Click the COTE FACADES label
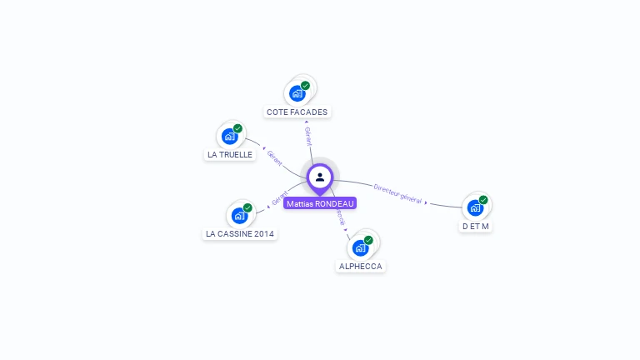click(x=297, y=112)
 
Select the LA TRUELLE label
click(x=229, y=154)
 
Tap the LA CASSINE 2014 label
click(x=240, y=234)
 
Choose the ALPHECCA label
click(x=360, y=267)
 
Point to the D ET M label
click(x=475, y=226)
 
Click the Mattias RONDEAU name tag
click(x=320, y=203)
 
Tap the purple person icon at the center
click(x=320, y=177)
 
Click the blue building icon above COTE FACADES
click(x=297, y=93)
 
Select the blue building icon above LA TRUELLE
click(x=229, y=136)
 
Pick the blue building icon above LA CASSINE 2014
click(x=239, y=216)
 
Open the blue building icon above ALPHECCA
click(x=360, y=247)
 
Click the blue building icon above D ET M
click(x=474, y=207)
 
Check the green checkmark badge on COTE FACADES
click(x=305, y=86)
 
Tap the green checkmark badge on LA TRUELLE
click(x=237, y=128)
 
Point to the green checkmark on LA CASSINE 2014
click(x=247, y=208)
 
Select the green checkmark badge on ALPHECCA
click(x=368, y=240)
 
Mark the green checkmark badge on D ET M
click(x=482, y=200)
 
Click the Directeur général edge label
click(x=397, y=193)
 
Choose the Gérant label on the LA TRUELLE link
click(x=274, y=156)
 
